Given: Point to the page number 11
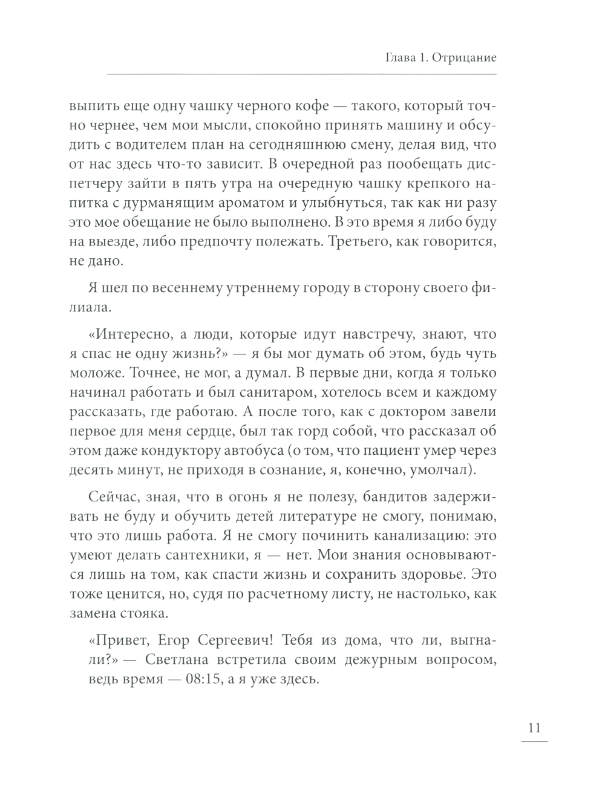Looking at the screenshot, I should [x=534, y=728].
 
